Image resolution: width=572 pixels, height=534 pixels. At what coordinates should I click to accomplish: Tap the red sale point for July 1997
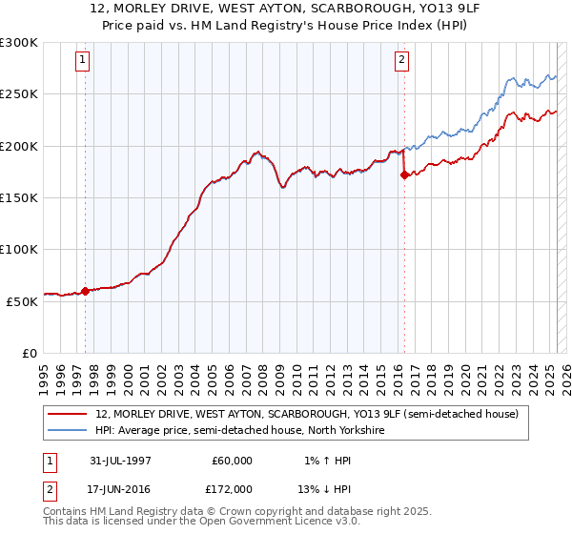(86, 291)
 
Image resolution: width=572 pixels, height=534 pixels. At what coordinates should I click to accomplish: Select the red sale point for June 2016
(404, 175)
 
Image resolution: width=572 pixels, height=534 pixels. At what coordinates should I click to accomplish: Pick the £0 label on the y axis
(29, 353)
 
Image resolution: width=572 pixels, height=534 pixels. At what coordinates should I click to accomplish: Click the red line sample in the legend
(68, 414)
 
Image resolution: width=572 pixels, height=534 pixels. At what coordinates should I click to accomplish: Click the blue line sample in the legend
(68, 431)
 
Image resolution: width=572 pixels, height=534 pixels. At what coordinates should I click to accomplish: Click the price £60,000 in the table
(232, 461)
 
